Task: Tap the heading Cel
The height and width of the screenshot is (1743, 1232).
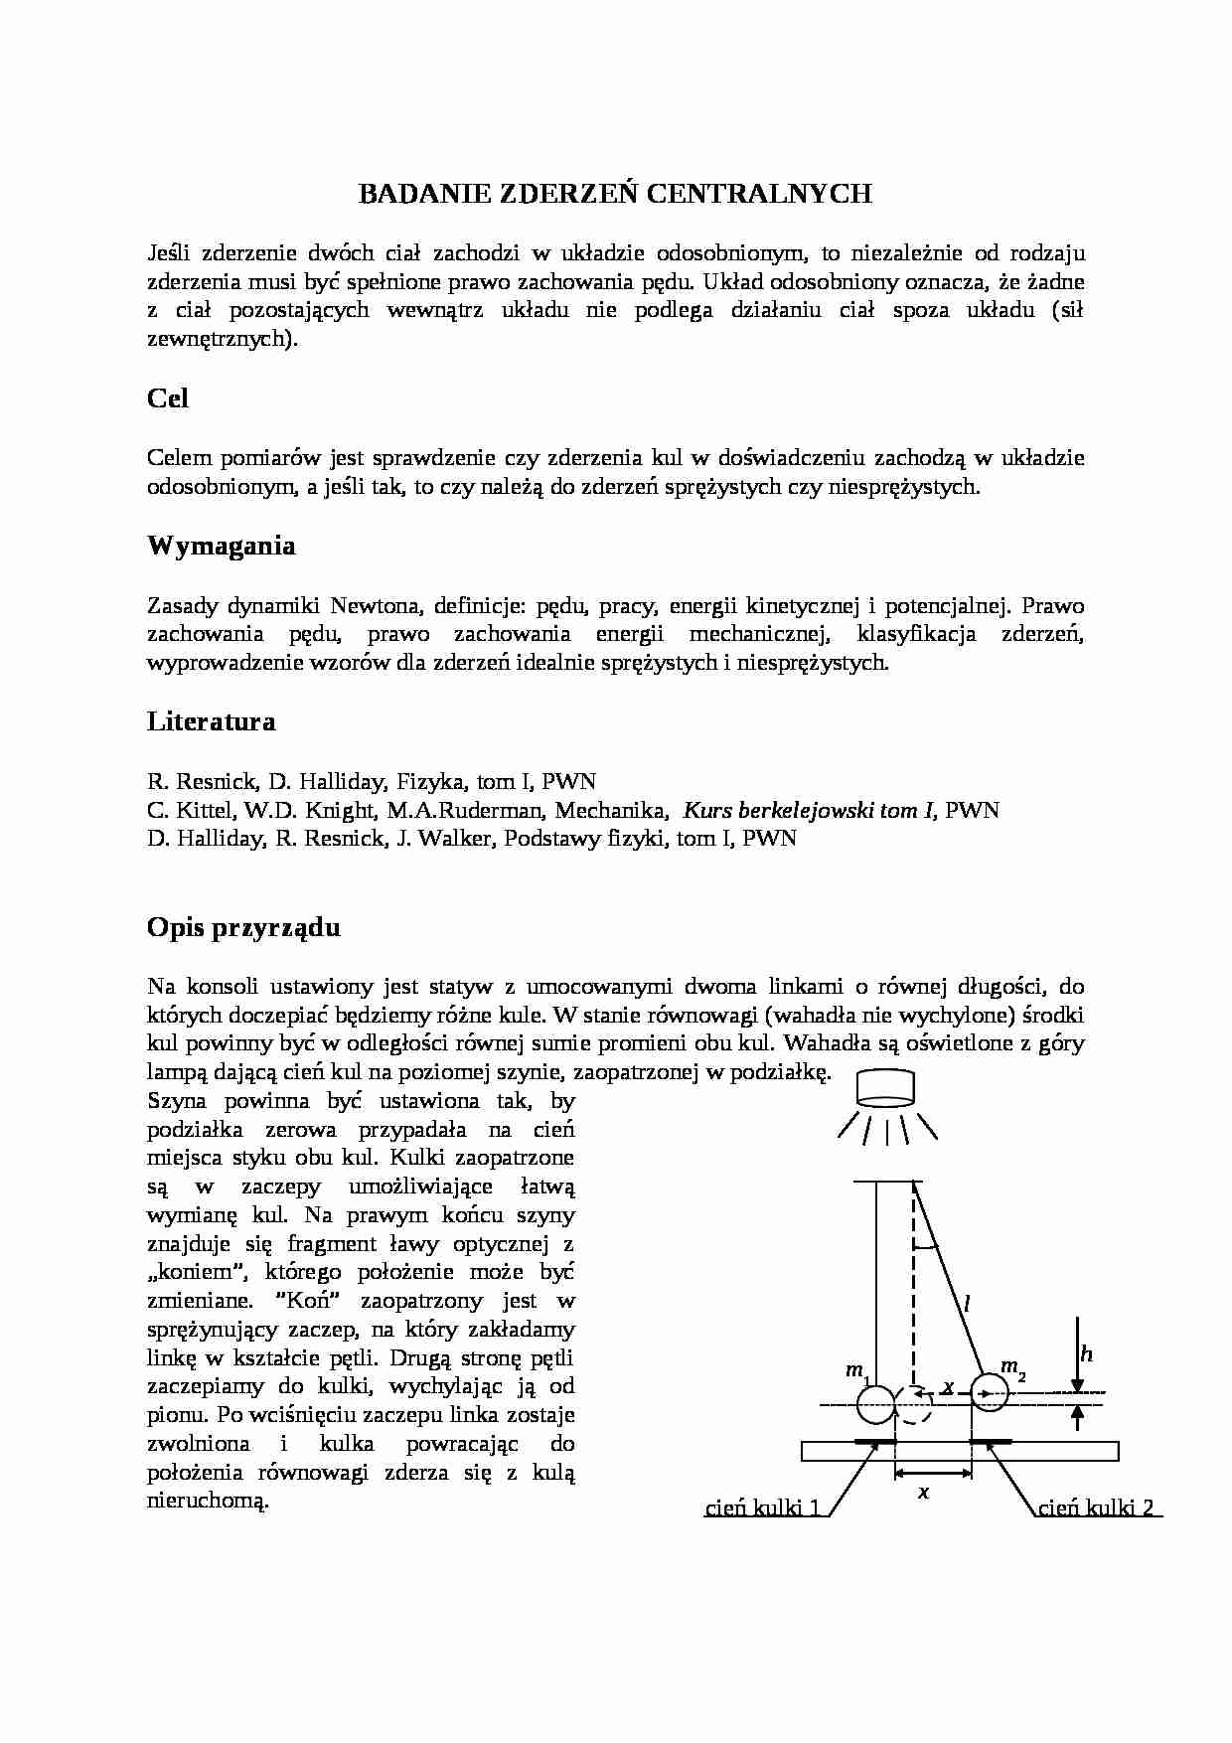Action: point(168,398)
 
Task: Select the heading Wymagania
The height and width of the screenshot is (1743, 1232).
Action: point(221,546)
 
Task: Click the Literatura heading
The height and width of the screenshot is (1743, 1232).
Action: point(211,721)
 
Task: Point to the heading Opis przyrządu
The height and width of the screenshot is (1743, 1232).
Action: point(243,927)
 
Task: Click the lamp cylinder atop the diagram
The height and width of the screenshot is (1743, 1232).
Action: point(886,1087)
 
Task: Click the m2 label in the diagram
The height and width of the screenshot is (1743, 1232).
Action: point(1011,1367)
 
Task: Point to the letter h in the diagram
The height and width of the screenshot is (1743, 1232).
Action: point(1086,1353)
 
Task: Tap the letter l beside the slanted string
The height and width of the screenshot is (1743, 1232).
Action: point(966,1302)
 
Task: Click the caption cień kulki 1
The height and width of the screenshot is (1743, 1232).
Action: point(762,1508)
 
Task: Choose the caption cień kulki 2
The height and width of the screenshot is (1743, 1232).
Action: point(1096,1508)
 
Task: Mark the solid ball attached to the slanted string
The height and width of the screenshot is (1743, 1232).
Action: point(989,1393)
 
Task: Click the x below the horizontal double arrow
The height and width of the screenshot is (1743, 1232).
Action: point(923,1492)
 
